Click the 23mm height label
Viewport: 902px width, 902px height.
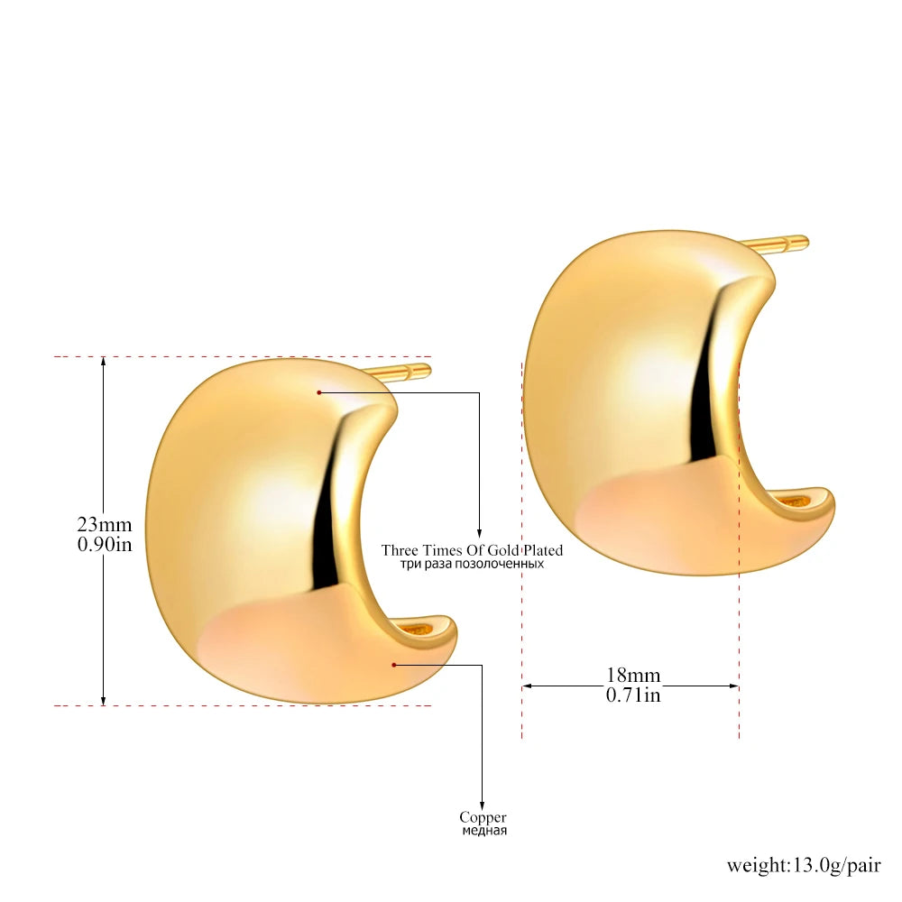105,524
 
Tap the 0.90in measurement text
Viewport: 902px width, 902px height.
105,544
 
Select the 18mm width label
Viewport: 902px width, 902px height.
633,675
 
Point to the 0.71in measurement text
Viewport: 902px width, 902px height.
633,695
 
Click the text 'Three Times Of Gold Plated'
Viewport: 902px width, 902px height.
472,550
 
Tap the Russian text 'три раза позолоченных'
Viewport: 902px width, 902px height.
472,564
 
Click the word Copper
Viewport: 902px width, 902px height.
483,817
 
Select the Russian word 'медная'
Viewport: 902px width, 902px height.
484,831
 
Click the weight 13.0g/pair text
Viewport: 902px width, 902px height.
804,865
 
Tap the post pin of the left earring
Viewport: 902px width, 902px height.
402,371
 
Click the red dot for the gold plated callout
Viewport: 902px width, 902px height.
318,392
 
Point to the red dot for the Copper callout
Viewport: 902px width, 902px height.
394,665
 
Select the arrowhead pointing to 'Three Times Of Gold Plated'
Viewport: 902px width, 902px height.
479,533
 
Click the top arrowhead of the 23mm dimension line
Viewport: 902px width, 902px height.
104,363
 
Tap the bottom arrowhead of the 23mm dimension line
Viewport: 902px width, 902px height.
104,700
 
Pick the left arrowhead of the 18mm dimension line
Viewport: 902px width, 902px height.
528,686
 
